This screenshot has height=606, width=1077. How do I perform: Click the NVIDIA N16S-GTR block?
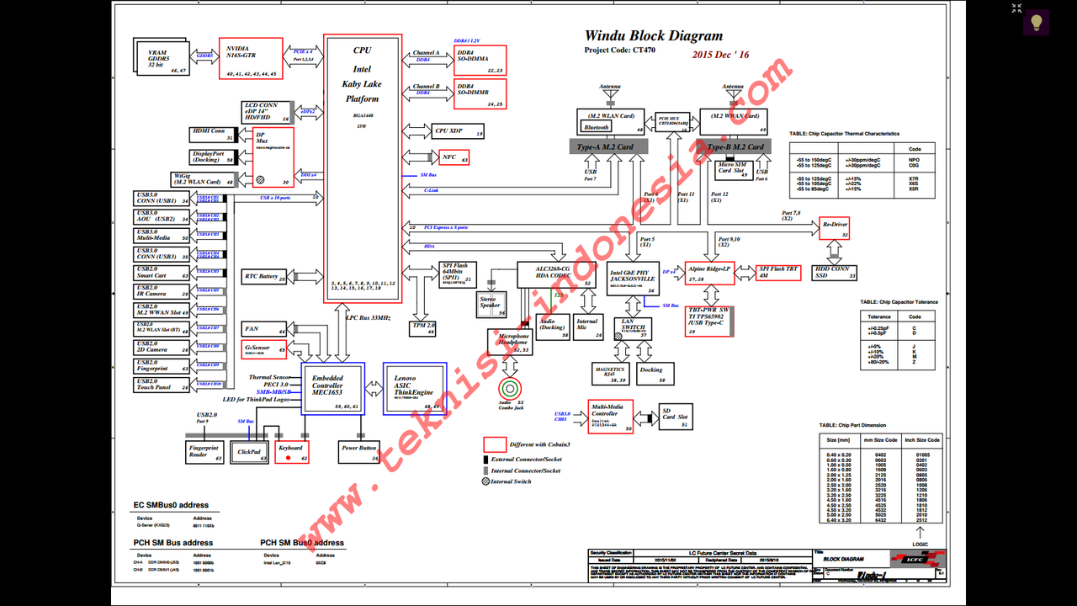point(249,59)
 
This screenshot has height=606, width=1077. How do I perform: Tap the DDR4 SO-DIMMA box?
point(480,60)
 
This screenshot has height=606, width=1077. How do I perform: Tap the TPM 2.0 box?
point(423,327)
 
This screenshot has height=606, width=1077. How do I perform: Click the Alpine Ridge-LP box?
point(708,272)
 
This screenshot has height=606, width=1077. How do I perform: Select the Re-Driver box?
point(835,228)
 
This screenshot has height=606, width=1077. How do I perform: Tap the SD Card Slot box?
point(675,417)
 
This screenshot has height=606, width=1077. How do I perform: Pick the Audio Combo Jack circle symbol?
point(510,388)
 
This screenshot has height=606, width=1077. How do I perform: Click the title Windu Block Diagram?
point(654,36)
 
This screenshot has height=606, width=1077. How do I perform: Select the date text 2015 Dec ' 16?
point(720,55)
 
